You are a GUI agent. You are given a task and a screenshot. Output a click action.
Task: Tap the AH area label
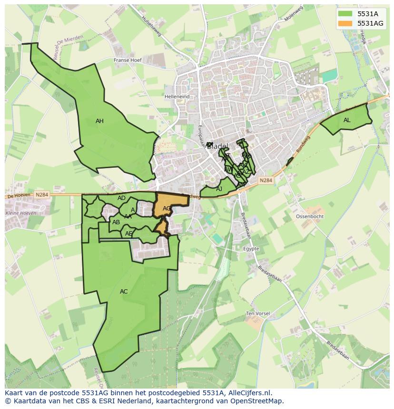point(99,121)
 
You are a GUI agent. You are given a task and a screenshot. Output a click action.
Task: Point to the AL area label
point(347,120)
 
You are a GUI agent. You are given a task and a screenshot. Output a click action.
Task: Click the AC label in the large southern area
point(124,292)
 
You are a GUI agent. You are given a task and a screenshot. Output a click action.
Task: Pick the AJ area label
point(219,189)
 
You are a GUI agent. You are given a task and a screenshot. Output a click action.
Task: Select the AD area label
point(121,198)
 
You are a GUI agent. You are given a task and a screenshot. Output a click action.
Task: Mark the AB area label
point(116,222)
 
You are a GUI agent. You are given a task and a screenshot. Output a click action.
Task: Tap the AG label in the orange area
point(167,209)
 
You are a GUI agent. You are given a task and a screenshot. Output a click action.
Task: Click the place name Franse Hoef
point(128,60)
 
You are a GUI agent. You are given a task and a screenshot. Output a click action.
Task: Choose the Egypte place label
point(251,249)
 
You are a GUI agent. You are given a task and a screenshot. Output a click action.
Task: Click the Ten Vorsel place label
point(258,314)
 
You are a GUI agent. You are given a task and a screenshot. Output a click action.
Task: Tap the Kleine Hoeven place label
point(20,213)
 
